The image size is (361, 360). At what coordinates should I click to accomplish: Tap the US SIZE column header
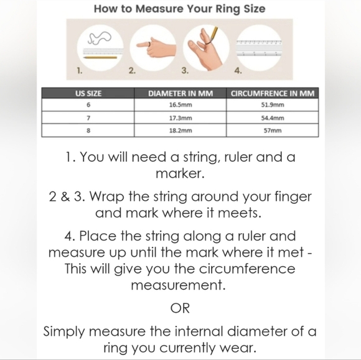[x=88, y=94]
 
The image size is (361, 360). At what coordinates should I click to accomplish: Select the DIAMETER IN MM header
[x=180, y=94]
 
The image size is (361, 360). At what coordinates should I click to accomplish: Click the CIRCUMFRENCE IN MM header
[x=273, y=94]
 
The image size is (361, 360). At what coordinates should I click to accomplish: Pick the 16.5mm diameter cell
[x=180, y=105]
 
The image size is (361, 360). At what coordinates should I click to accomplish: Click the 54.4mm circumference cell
[x=273, y=118]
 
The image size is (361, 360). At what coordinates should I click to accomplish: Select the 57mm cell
[x=273, y=131]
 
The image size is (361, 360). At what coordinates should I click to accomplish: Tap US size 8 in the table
[x=88, y=131]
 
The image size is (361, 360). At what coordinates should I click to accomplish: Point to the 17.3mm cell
[x=180, y=118]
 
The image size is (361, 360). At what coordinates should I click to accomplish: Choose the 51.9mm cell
[x=273, y=105]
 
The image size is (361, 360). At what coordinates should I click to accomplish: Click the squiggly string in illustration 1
[x=99, y=38]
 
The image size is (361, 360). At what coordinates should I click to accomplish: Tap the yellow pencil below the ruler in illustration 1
[x=100, y=57]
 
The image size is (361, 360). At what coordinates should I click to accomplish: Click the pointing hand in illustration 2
[x=156, y=47]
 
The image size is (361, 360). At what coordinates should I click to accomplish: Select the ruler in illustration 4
[x=259, y=48]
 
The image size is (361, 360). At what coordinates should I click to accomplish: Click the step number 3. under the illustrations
[x=185, y=70]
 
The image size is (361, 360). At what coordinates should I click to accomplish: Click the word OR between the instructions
[x=180, y=308]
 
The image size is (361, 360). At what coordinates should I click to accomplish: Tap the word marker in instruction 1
[x=180, y=173]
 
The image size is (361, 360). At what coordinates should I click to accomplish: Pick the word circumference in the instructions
[x=247, y=269]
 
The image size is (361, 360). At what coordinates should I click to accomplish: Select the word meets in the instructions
[x=240, y=213]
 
